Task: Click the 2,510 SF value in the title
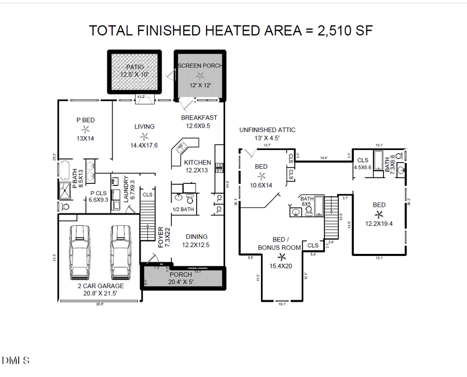[339, 31]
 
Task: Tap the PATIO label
[134, 67]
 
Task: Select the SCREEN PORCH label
[200, 66]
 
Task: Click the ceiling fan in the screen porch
[198, 76]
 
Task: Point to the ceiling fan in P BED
[86, 129]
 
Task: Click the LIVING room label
[144, 127]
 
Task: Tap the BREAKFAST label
[199, 118]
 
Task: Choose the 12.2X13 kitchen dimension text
[198, 170]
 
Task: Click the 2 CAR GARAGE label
[98, 286]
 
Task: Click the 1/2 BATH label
[183, 210]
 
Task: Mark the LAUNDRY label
[126, 188]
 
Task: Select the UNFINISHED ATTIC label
[267, 130]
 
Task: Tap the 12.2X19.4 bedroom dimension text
[379, 224]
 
